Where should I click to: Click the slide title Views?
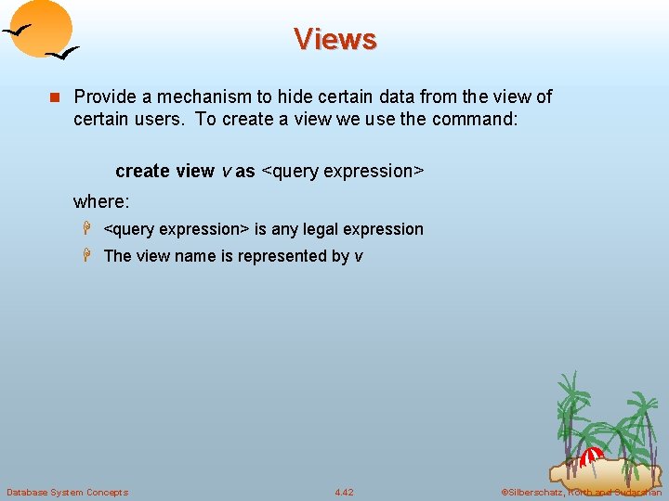pos(334,39)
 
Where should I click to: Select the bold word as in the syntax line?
pos(245,171)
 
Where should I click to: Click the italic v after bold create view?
pos(224,172)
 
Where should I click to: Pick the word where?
pos(101,201)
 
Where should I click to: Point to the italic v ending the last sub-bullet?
pos(359,257)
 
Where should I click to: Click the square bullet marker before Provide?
pos(54,97)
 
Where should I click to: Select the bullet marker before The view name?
pos(91,256)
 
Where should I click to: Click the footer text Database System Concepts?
pos(67,492)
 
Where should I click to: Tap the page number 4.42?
pos(344,492)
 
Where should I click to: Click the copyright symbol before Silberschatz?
pos(505,492)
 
